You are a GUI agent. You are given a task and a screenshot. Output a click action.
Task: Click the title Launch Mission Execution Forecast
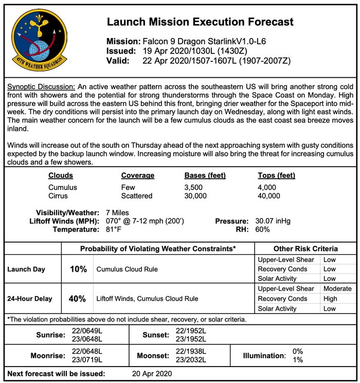pyautogui.click(x=200, y=22)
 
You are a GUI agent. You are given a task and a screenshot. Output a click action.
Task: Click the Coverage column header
pyautogui.click(x=137, y=176)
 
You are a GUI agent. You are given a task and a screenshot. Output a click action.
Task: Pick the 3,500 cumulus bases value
pyautogui.click(x=195, y=187)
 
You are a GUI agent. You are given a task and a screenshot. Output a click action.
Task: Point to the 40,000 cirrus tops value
pyautogui.click(x=269, y=196)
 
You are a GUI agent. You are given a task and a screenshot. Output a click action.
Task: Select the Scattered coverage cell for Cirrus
pyautogui.click(x=136, y=196)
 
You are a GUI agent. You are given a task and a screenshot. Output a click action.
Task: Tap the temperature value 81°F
pyautogui.click(x=114, y=229)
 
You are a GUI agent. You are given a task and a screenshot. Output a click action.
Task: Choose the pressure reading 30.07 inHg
pyautogui.click(x=273, y=221)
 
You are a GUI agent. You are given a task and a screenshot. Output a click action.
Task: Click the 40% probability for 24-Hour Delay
pyautogui.click(x=77, y=298)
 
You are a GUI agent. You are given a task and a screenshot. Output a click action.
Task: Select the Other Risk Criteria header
pyautogui.click(x=305, y=249)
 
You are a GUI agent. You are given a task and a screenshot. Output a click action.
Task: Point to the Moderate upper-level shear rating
pyautogui.click(x=337, y=289)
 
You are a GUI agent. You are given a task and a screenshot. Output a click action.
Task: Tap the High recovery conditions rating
pyautogui.click(x=330, y=299)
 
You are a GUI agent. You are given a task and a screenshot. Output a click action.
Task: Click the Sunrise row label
pyautogui.click(x=50, y=335)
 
